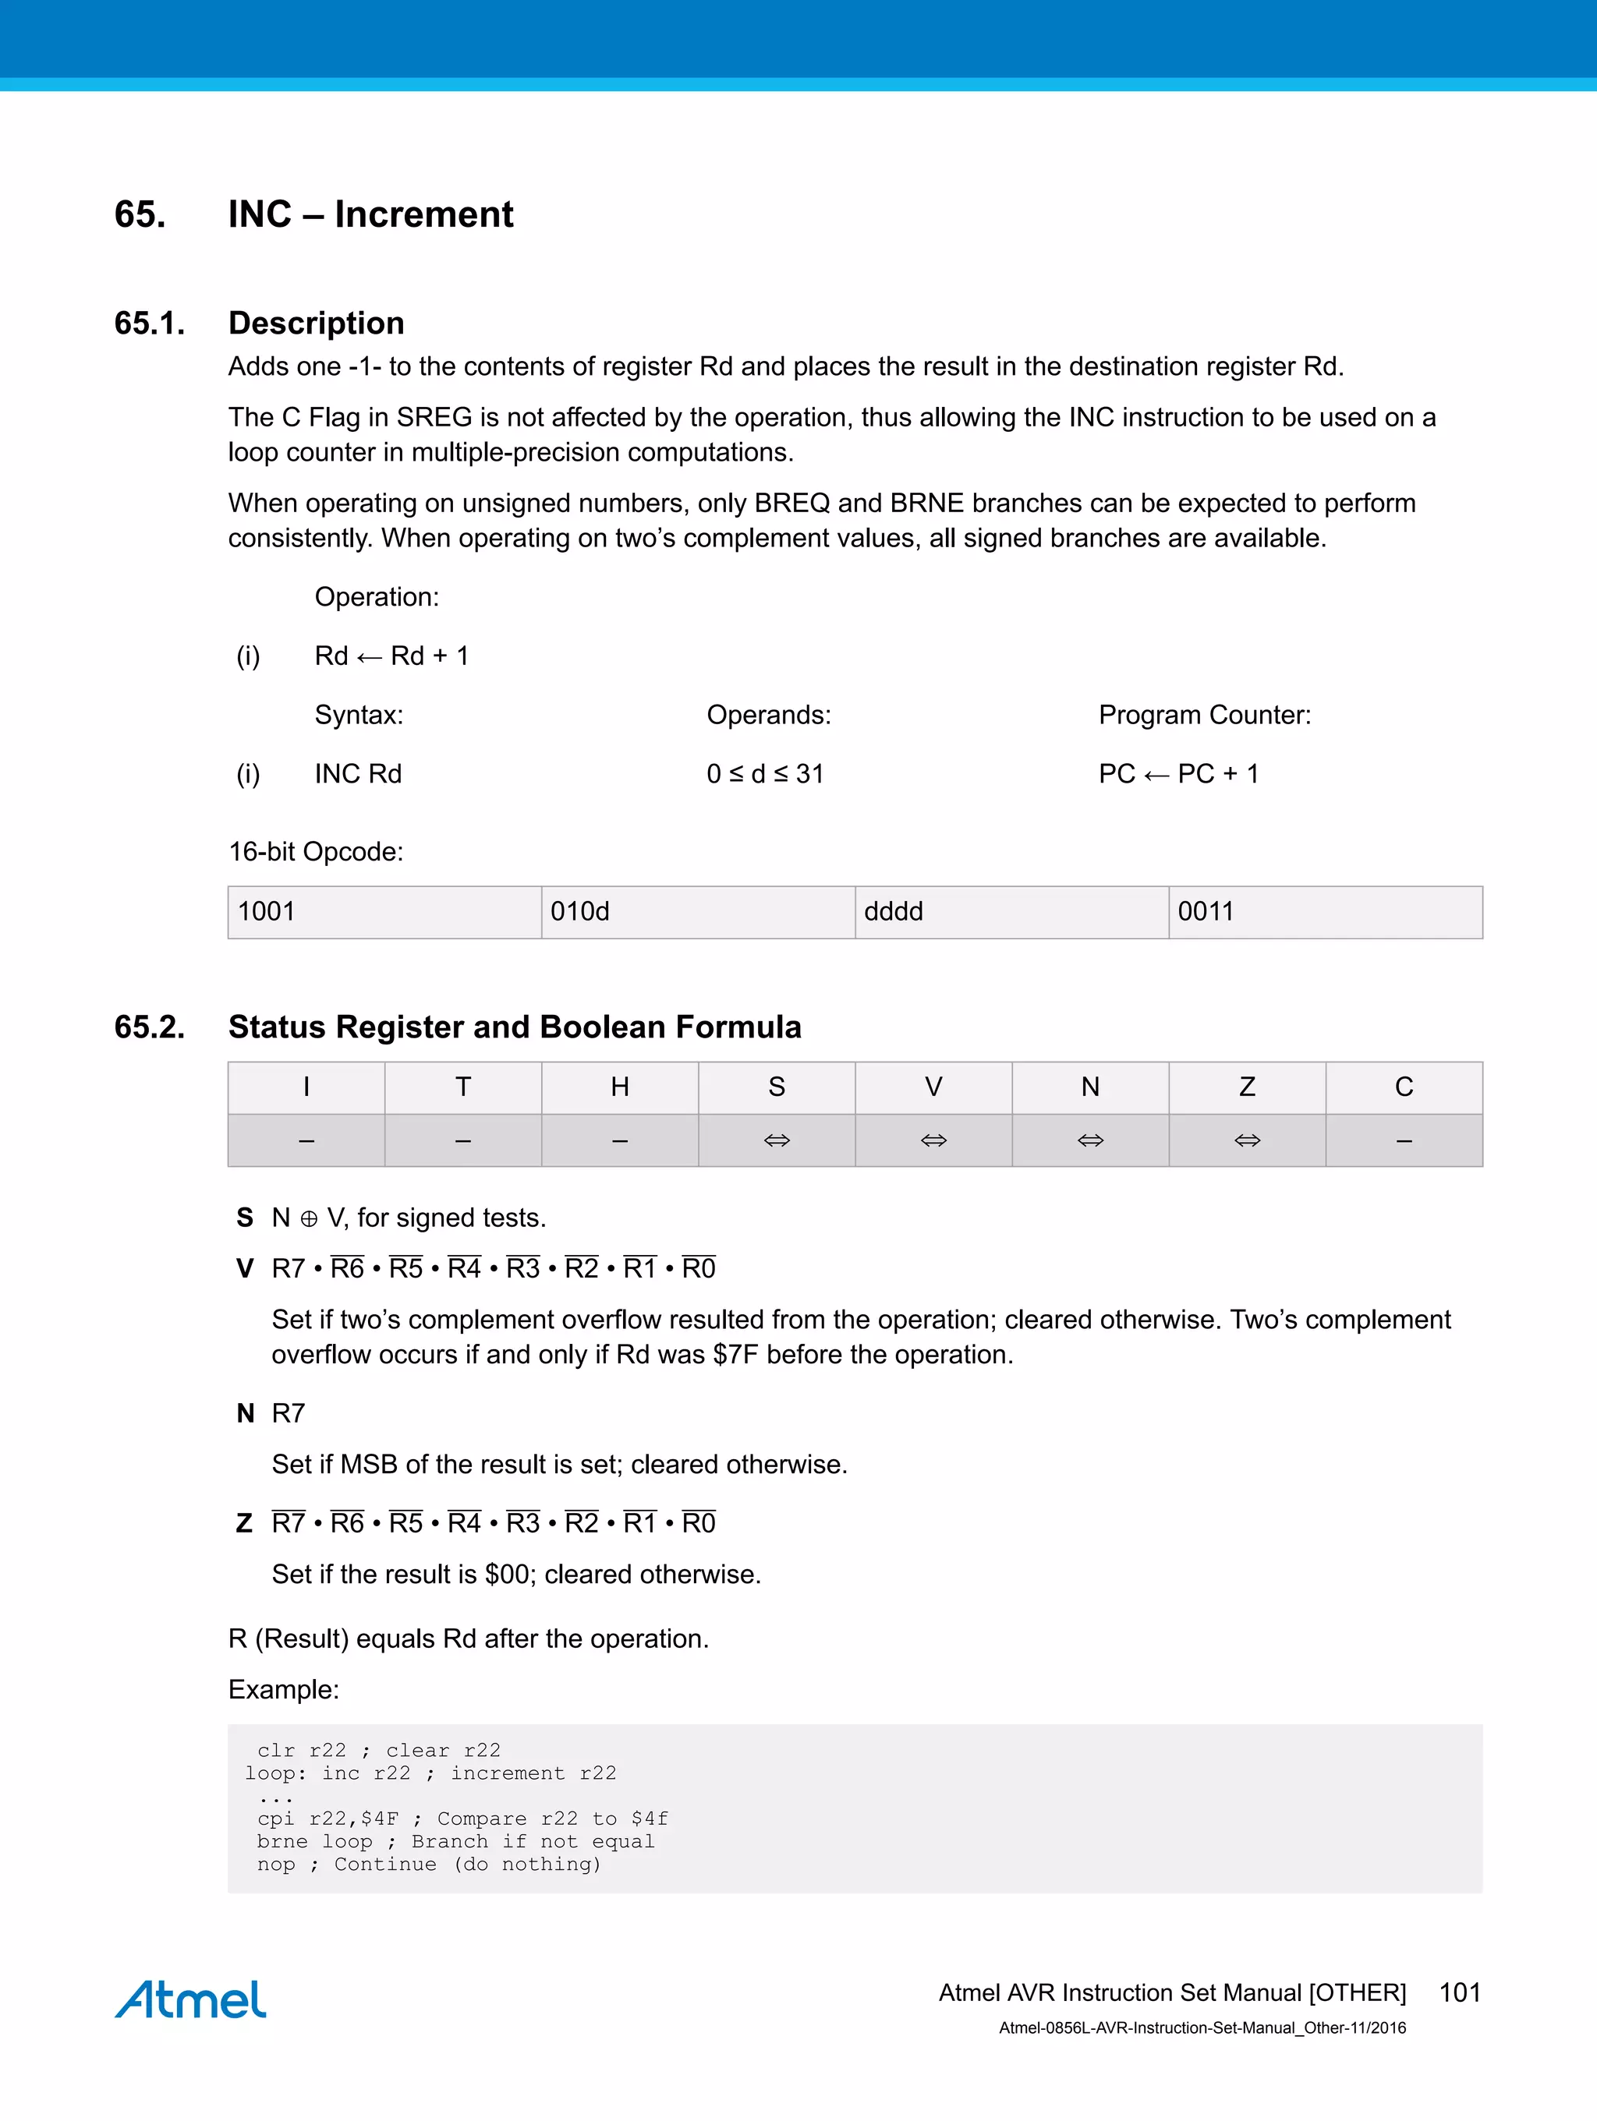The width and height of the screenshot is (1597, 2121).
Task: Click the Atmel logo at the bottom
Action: point(190,1999)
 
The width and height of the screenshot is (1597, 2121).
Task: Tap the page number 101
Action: point(1459,1992)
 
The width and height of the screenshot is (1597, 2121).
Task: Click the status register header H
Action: point(620,1087)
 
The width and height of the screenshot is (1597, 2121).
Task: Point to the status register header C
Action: point(1404,1087)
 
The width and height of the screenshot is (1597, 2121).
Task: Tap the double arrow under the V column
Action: point(933,1140)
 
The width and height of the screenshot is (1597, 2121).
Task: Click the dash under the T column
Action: point(463,1140)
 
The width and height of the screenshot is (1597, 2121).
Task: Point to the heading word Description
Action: point(316,323)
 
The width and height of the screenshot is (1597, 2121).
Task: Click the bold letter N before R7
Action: point(246,1413)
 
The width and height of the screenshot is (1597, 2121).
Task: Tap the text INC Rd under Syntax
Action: point(358,774)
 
